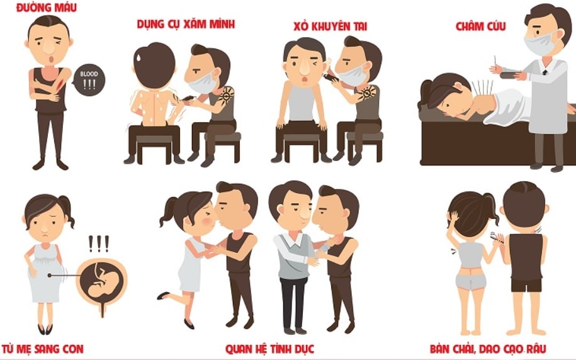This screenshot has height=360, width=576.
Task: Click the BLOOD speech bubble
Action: (89, 80)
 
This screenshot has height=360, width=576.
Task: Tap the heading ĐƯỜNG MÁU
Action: (47, 8)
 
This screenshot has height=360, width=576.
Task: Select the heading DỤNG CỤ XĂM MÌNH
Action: (186, 25)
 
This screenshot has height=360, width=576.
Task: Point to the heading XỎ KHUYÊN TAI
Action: (330, 26)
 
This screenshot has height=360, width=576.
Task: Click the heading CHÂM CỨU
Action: (480, 26)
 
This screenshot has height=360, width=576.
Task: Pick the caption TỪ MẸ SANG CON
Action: (43, 349)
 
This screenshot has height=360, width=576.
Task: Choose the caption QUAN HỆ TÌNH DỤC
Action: (269, 349)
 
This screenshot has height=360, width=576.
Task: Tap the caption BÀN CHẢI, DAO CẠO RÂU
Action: (488, 349)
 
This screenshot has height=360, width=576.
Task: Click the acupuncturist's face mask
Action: (540, 43)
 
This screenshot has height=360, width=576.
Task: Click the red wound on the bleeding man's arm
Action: (60, 85)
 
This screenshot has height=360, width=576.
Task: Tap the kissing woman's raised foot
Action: (164, 295)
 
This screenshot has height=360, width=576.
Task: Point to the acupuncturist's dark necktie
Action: (545, 73)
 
